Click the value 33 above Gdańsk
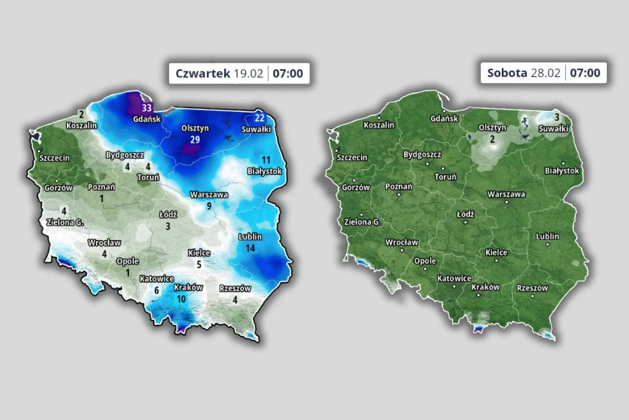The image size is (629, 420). point(147,108)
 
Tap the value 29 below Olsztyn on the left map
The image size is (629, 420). point(195,140)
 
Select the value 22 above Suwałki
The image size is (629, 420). point(259,118)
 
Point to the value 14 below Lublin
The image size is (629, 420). point(250,248)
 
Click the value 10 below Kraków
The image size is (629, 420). point(181,299)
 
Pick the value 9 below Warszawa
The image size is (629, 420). point(209,206)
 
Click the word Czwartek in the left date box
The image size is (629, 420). point(202,73)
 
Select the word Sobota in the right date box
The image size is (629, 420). point(507,73)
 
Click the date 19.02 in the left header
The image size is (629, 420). point(248,73)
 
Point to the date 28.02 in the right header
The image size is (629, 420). point(545,73)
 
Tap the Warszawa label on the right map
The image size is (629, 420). point(506,194)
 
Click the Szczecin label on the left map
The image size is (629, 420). point(55,157)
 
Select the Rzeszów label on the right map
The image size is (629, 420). point(533,288)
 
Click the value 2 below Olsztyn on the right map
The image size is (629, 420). point(492,139)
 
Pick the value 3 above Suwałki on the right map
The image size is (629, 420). point(557,117)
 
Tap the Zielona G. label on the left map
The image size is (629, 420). point(63,221)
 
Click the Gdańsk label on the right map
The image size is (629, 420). point(444,119)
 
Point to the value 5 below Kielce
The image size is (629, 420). point(198,264)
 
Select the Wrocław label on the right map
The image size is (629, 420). point(402,242)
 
